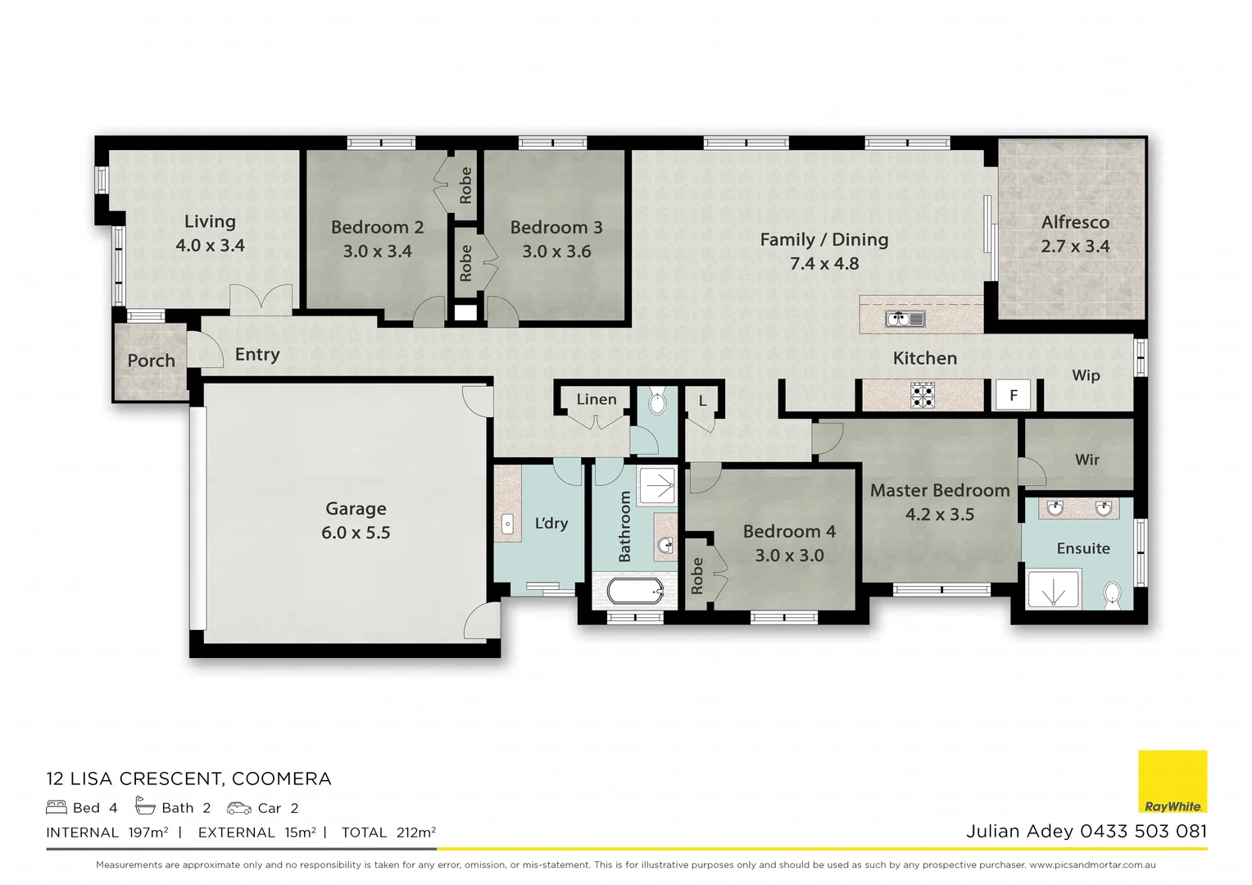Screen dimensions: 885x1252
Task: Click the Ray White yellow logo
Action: [x=1173, y=782]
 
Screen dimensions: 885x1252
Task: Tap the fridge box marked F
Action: [x=1013, y=396]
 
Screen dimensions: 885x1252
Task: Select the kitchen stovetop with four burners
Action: [x=923, y=396]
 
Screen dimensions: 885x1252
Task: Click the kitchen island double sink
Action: [x=905, y=319]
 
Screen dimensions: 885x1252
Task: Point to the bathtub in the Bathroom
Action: [x=635, y=590]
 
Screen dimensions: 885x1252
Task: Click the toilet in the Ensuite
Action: [x=1112, y=593]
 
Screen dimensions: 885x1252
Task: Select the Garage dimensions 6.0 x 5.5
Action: [x=356, y=533]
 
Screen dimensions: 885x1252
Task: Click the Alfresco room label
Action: [x=1075, y=222]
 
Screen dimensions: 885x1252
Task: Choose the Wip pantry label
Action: [x=1086, y=375]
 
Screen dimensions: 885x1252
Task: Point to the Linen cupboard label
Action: [x=596, y=400]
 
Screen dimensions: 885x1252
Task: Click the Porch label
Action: [x=151, y=361]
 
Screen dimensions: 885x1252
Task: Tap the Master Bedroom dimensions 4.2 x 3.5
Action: [x=939, y=515]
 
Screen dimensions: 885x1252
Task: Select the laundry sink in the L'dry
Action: [x=507, y=524]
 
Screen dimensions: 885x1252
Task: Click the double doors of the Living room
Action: [x=261, y=300]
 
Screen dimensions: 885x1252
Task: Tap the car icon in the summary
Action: [x=239, y=808]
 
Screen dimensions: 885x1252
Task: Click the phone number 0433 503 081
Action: [x=1143, y=831]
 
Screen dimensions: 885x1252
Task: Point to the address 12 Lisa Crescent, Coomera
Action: [x=188, y=778]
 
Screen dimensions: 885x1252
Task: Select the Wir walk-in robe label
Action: [x=1086, y=460]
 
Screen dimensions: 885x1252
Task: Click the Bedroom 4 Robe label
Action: [x=697, y=575]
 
